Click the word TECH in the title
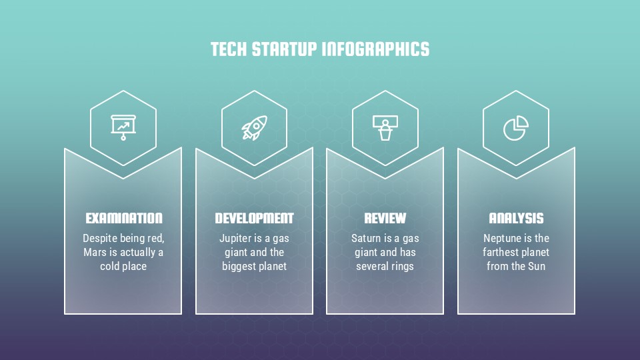[227, 49]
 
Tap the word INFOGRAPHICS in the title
[376, 49]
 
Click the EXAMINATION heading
[124, 218]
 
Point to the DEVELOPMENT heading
[254, 218]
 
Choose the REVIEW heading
[385, 218]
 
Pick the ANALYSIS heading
[516, 218]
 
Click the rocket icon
[254, 127]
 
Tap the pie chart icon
[516, 127]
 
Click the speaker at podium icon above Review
[385, 127]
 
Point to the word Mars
[95, 252]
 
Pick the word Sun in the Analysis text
[537, 266]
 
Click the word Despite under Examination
[100, 238]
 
